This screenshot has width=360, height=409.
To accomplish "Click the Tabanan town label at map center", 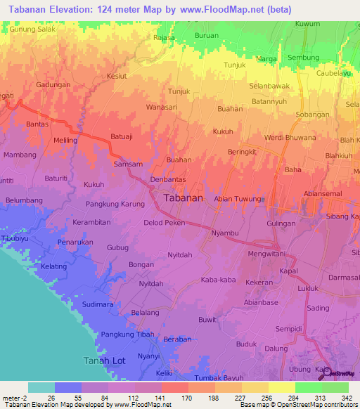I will pos(184,198).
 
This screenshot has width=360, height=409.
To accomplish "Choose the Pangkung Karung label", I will pos(115,204).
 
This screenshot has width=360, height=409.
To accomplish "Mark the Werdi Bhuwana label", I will pos(290,138).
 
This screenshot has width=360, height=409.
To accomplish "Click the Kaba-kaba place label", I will pos(217,280).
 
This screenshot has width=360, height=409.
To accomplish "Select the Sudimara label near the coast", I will pos(98,306).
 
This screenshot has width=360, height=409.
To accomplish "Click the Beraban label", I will pos(177,339).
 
